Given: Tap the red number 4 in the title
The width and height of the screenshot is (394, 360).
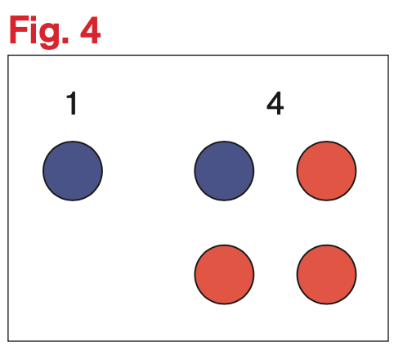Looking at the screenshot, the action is [x=90, y=29].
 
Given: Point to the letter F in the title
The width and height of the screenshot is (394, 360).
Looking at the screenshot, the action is [x=19, y=29].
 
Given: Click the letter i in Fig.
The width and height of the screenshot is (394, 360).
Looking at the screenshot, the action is [x=34, y=29].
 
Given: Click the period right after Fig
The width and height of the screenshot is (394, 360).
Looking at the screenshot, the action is [x=65, y=40].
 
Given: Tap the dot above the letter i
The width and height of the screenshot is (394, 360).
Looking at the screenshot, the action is [x=34, y=19].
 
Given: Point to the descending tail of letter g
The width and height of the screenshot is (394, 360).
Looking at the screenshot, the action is [x=49, y=47].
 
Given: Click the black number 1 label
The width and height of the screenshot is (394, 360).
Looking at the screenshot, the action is [x=72, y=103].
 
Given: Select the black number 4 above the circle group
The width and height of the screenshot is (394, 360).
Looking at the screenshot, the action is [x=275, y=103].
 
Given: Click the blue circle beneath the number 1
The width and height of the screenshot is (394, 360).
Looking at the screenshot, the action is [x=73, y=171].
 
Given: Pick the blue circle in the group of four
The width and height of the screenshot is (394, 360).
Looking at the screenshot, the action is [x=224, y=171].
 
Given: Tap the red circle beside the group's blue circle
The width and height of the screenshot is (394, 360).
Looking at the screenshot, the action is [x=326, y=171].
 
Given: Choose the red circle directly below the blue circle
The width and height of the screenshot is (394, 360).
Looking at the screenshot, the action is [x=224, y=274].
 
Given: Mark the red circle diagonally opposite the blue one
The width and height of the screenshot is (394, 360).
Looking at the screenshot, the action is [x=326, y=274].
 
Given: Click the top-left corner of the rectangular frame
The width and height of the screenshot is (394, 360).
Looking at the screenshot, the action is [x=8, y=56].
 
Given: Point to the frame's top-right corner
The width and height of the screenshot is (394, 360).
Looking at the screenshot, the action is [x=388, y=56].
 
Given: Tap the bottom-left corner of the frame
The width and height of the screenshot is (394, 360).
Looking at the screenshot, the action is [x=8, y=341].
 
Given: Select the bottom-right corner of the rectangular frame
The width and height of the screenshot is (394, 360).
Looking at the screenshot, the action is [x=388, y=341].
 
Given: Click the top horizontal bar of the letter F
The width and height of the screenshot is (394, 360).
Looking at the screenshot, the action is [x=20, y=19].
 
